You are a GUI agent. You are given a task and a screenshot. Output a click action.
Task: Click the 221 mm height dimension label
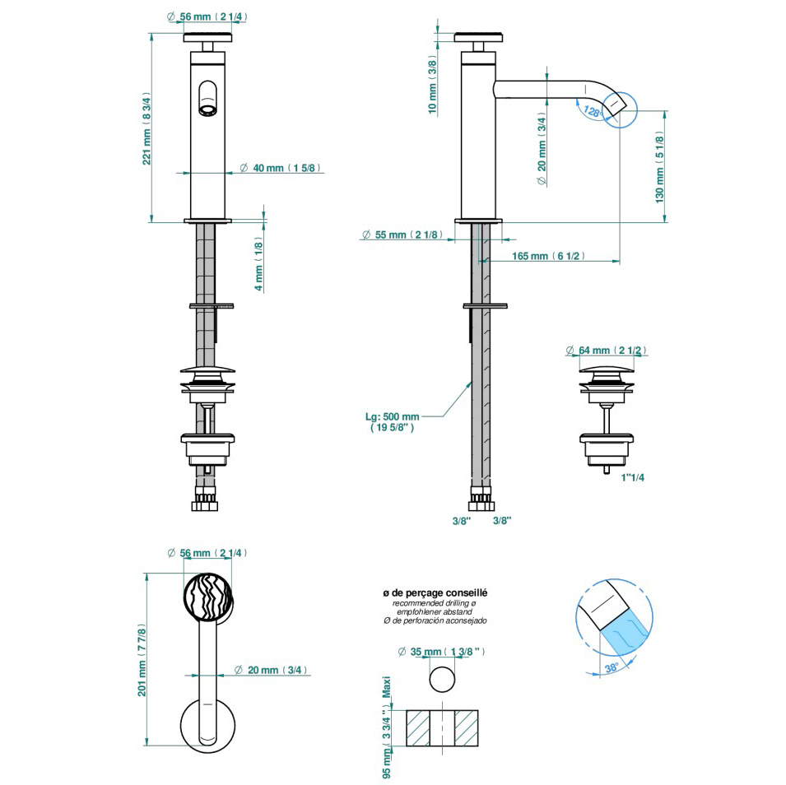pos(147,128)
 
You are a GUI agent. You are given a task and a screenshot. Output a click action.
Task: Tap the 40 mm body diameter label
pos(280,168)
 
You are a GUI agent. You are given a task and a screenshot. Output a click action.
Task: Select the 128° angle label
pos(593,111)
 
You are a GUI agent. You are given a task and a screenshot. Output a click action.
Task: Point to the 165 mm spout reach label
pos(548,256)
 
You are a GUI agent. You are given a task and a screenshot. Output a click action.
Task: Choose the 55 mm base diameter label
pos(402,235)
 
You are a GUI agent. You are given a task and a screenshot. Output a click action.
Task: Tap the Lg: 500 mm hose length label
pos(392,421)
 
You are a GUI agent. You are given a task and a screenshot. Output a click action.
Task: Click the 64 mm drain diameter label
pos(606,350)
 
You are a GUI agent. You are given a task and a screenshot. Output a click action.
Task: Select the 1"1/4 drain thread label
pos(633,478)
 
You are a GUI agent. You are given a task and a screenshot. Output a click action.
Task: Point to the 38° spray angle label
pos(612,667)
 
